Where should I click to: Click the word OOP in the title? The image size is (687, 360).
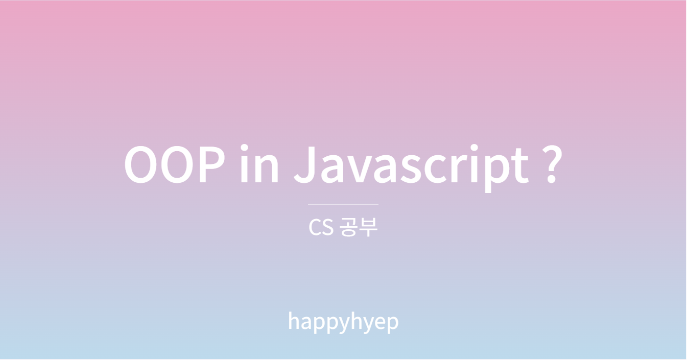pyautogui.click(x=175, y=164)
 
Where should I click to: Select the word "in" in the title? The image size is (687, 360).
pyautogui.click(x=259, y=163)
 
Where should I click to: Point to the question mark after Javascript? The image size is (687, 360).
pyautogui.click(x=552, y=164)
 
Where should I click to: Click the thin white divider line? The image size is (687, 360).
pyautogui.click(x=343, y=204)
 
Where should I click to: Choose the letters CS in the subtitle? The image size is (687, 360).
pyautogui.click(x=321, y=228)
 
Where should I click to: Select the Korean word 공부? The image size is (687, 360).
pyautogui.click(x=359, y=227)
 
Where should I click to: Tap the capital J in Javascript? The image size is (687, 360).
pyautogui.click(x=305, y=164)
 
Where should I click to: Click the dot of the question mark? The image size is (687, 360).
pyautogui.click(x=552, y=178)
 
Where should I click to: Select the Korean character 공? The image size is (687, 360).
pyautogui.click(x=349, y=227)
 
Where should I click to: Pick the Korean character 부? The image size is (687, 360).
pyautogui.click(x=368, y=227)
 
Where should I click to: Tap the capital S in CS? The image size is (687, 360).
pyautogui.click(x=327, y=228)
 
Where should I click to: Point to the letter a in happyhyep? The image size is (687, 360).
pyautogui.click(x=306, y=323)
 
